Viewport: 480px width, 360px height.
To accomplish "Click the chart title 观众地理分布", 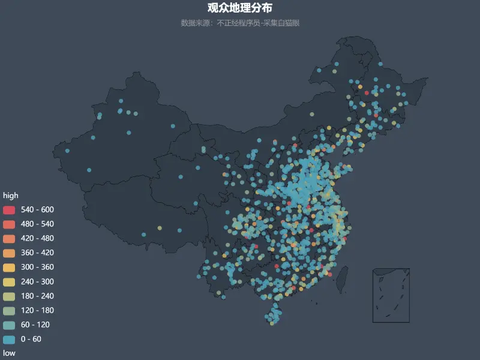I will click(x=240, y=8).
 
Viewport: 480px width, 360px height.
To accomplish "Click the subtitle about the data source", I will click(x=240, y=23).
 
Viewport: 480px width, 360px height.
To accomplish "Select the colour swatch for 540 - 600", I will click(x=9, y=209).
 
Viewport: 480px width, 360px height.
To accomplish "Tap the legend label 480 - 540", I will click(x=37, y=224).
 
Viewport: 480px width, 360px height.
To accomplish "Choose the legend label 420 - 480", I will click(x=37, y=238).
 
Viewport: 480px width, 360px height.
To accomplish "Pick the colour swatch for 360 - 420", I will click(x=9, y=253).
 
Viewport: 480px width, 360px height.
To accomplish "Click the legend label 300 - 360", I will click(x=37, y=267).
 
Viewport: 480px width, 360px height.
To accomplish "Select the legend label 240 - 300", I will click(x=37, y=281).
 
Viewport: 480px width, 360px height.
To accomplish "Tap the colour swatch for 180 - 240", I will click(x=9, y=296).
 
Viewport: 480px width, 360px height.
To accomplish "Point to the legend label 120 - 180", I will click(x=37, y=310).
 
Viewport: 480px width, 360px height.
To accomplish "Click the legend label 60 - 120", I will click(x=35, y=325).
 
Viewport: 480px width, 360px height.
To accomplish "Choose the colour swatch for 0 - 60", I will click(x=9, y=339).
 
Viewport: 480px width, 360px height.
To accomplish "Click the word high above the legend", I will click(x=11, y=196).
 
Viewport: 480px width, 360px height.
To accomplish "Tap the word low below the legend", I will click(x=10, y=353).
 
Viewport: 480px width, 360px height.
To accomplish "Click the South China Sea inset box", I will click(x=391, y=295).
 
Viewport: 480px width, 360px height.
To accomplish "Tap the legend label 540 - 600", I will click(x=37, y=209).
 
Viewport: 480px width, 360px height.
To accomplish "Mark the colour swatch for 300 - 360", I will click(x=9, y=267).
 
